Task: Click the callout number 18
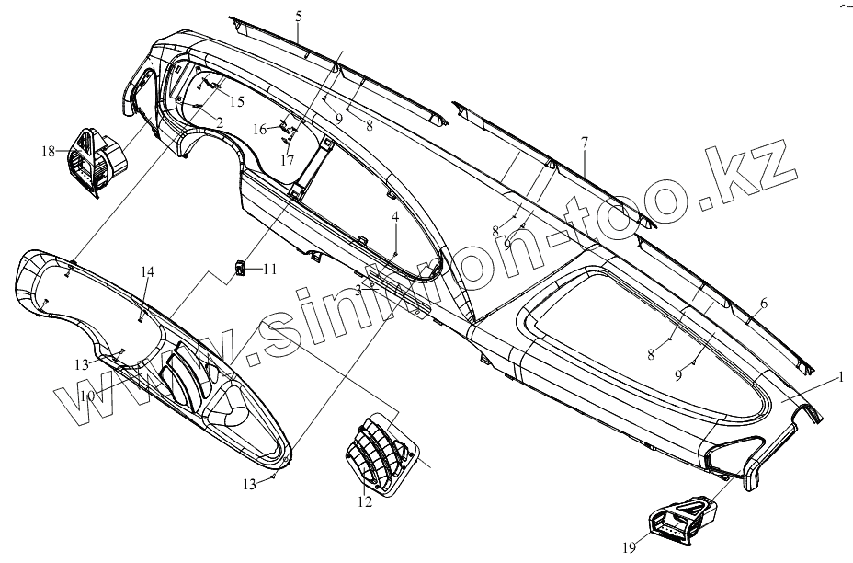click(49, 151)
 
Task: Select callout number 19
click(629, 548)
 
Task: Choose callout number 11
click(269, 270)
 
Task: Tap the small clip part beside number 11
click(239, 270)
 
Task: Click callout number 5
click(299, 16)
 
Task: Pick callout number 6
click(763, 304)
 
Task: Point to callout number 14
click(148, 271)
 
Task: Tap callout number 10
click(87, 396)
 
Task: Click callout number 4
click(395, 217)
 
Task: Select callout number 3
click(358, 290)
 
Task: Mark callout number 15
click(237, 101)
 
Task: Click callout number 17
click(288, 160)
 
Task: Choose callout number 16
click(260, 130)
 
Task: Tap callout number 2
click(221, 121)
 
